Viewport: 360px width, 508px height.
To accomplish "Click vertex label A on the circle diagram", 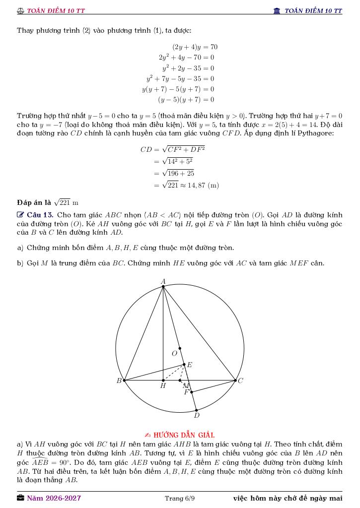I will pyautogui.click(x=163, y=281).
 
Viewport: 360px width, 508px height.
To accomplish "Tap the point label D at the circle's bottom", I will pyautogui.click(x=197, y=415).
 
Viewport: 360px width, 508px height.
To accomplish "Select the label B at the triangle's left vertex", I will pyautogui.click(x=119, y=381).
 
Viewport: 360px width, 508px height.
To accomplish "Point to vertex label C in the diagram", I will pyautogui.click(x=240, y=381).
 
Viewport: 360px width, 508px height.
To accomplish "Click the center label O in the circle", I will pyautogui.click(x=174, y=354).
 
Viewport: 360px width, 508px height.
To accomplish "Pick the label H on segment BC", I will pyautogui.click(x=163, y=386).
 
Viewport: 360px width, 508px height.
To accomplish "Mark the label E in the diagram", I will pyautogui.click(x=189, y=365).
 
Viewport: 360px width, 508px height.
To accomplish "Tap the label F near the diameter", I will pyautogui.click(x=187, y=392).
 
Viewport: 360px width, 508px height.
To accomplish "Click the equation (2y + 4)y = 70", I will pyautogui.click(x=195, y=47).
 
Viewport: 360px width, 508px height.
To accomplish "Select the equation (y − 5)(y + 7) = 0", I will pyautogui.click(x=186, y=100).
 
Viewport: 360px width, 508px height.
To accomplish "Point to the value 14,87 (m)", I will pyautogui.click(x=204, y=186).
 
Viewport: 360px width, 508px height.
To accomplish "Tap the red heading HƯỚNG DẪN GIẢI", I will pyautogui.click(x=184, y=435).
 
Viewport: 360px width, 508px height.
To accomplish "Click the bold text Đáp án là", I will pyautogui.click(x=34, y=202).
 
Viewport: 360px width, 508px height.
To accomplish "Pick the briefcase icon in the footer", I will pyautogui.click(x=20, y=498).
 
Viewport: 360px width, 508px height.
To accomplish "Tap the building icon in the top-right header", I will pyautogui.click(x=277, y=11).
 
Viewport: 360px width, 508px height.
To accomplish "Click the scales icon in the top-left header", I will pyautogui.click(x=20, y=11).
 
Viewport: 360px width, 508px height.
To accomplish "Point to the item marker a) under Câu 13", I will pyautogui.click(x=20, y=248).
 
